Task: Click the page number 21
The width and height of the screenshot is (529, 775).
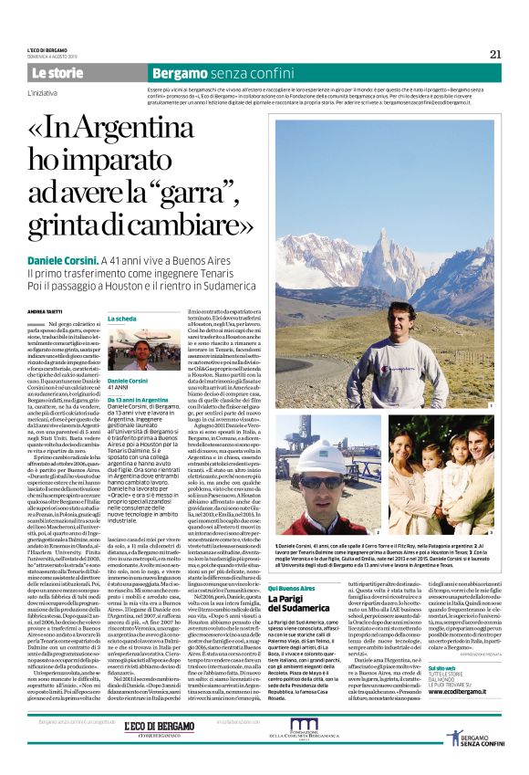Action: (495, 53)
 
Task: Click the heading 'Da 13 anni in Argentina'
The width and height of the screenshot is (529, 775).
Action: (138, 400)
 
